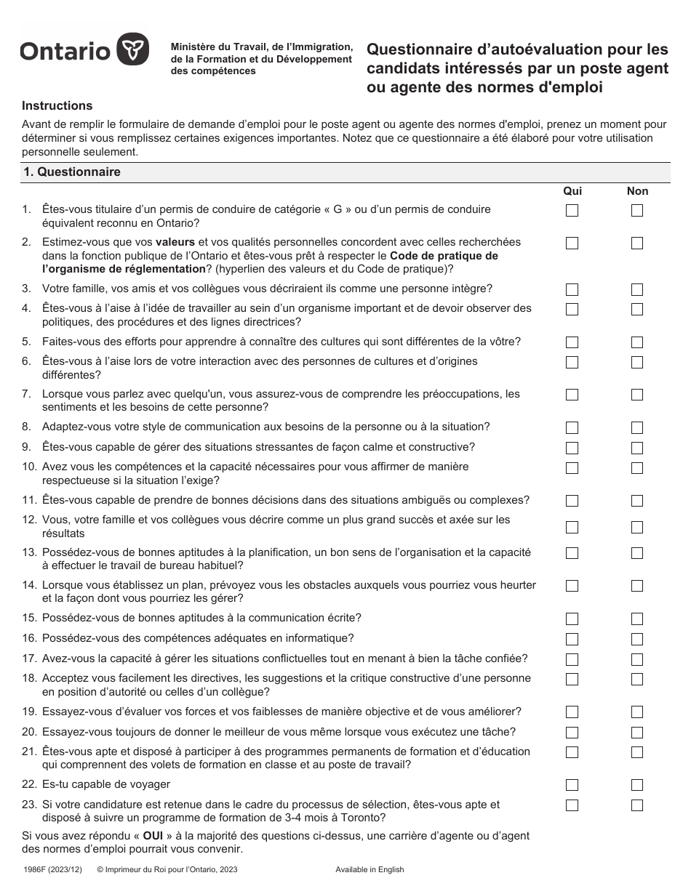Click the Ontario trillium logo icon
click(133, 50)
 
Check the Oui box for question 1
click(572, 211)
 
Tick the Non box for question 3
click(637, 289)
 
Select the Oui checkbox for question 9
click(572, 448)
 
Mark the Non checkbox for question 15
click(637, 619)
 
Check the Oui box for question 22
click(572, 785)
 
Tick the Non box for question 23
click(637, 805)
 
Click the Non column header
click(637, 191)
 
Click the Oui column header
click(572, 191)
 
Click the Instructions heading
click(57, 106)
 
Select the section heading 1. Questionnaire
click(72, 172)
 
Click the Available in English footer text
click(370, 869)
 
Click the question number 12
click(29, 520)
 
